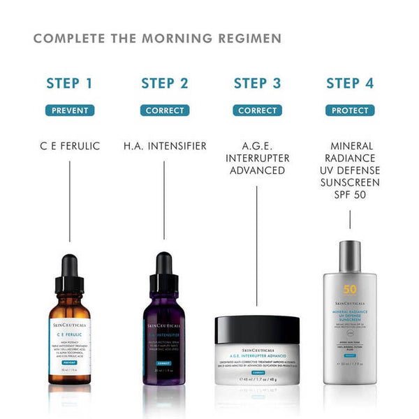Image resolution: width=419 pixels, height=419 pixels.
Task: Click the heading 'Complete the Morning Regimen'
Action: [157, 38]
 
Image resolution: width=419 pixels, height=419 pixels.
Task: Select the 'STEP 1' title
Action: [69, 84]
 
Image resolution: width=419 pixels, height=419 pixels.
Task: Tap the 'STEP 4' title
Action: [349, 84]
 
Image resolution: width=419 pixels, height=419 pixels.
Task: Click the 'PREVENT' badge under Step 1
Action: [69, 110]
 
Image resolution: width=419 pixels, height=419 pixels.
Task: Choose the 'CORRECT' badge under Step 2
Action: [165, 110]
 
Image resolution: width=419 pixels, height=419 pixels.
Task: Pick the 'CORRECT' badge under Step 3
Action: [257, 110]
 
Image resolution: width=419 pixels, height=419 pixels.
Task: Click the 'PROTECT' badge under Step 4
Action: [349, 110]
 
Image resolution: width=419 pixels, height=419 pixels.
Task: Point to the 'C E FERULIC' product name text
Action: [69, 146]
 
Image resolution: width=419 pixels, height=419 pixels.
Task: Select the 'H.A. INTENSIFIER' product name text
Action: [165, 146]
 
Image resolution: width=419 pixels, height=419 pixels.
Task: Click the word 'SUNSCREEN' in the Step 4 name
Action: [349, 182]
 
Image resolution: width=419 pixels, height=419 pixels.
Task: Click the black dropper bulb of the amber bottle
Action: [69, 266]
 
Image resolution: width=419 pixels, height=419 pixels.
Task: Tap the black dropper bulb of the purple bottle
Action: [164, 266]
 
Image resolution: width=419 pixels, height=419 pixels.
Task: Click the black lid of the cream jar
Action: [257, 329]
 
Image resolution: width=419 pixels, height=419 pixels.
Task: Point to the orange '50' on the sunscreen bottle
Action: [349, 290]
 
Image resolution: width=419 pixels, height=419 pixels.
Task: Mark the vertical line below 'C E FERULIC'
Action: [69, 203]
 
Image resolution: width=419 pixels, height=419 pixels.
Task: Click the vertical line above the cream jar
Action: [257, 244]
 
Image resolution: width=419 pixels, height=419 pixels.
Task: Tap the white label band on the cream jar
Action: [257, 363]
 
